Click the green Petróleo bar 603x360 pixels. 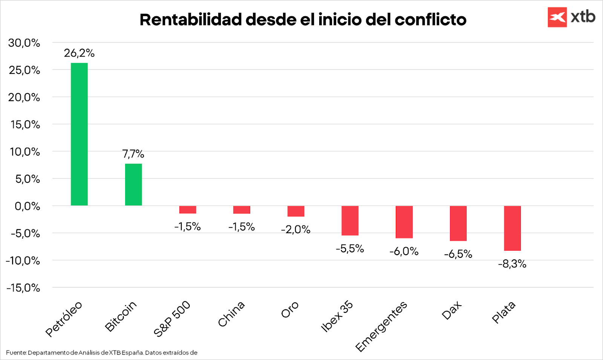(x=79, y=134)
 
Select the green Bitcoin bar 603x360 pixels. (x=133, y=185)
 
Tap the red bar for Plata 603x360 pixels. (x=512, y=228)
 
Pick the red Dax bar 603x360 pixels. (x=458, y=223)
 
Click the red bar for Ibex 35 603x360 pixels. (x=350, y=221)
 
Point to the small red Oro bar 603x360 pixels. (x=296, y=211)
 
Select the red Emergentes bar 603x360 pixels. (x=404, y=222)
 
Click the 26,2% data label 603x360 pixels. (x=79, y=53)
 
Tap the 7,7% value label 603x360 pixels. (x=133, y=154)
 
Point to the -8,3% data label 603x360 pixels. (x=512, y=264)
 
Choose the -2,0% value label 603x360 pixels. (x=295, y=230)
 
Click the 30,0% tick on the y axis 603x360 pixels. (x=24, y=43)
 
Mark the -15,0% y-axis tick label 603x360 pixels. (x=23, y=288)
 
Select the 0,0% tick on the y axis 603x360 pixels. (x=27, y=206)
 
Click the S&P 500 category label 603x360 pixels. (x=172, y=319)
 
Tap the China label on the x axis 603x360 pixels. (x=231, y=314)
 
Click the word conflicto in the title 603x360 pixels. (x=430, y=20)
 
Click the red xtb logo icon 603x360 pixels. (x=557, y=17)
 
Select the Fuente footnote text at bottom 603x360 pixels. (x=102, y=353)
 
